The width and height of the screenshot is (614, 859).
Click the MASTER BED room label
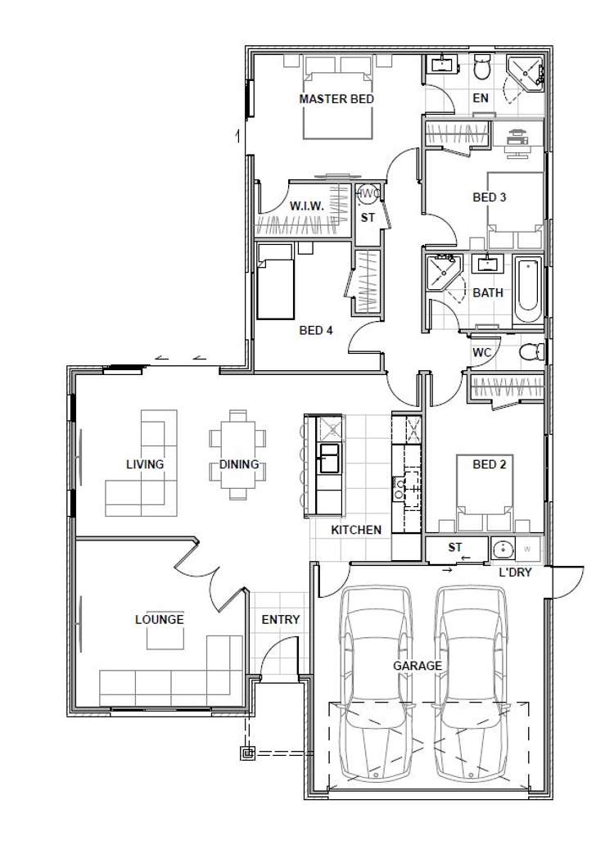336,99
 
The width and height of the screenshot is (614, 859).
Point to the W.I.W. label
307,206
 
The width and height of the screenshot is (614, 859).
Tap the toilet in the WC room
531,351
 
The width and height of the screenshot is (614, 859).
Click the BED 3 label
489,197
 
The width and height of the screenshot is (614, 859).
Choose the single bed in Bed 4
276,282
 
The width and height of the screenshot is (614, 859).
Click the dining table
238,454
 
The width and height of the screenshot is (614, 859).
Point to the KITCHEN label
356,530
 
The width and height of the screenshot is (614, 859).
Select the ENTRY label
281,620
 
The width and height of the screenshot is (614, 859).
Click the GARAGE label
418,667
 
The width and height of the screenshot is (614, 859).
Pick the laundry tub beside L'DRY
502,548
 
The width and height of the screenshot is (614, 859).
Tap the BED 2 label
489,464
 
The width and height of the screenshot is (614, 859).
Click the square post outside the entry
248,754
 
